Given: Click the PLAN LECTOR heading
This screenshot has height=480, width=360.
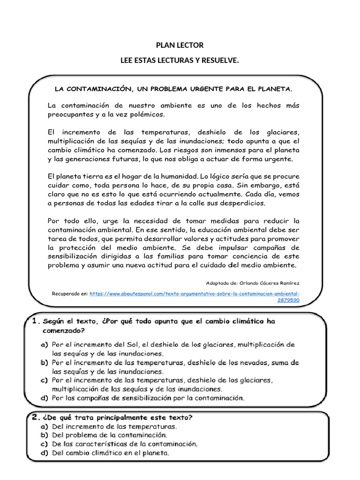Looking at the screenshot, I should [180, 45].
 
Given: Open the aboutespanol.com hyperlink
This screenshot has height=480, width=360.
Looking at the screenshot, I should [195, 294].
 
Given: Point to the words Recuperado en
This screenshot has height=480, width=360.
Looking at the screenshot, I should [69, 294].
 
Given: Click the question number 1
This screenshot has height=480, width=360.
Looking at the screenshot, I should [35, 321].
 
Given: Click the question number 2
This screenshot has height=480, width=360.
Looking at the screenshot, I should [35, 417].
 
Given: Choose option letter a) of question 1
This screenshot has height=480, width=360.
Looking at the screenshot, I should [45, 345].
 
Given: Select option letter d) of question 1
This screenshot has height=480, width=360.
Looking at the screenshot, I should [45, 398].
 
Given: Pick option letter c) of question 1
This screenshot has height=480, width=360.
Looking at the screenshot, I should [45, 380].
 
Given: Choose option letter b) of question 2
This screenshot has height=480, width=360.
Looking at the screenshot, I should [45, 435].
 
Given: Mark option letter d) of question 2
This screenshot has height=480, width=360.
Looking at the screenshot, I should [45, 453].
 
